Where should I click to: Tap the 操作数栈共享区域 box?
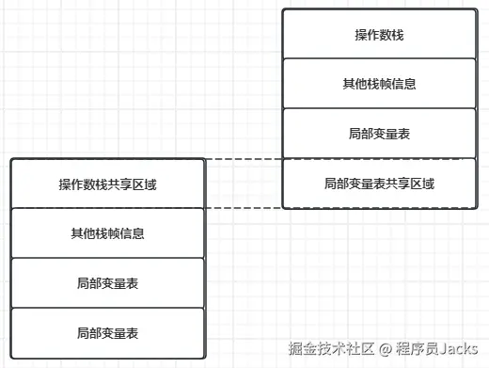(107, 184)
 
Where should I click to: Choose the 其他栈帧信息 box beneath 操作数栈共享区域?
(107, 232)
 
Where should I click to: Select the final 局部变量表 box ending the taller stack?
(107, 332)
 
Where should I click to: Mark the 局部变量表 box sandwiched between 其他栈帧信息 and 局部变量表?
(107, 282)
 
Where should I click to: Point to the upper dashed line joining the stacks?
(243, 159)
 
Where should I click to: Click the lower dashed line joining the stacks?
(243, 207)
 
